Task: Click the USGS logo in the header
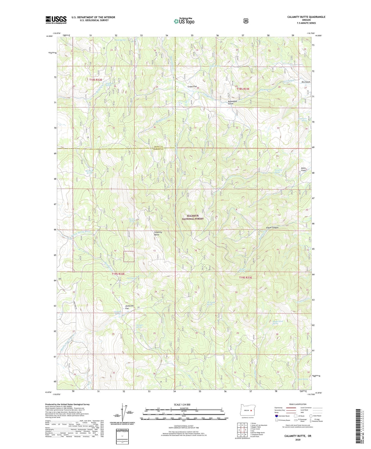(x=56, y=20)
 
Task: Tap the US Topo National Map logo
(x=184, y=21)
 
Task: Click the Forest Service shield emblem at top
(x=246, y=21)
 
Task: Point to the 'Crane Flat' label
(x=192, y=87)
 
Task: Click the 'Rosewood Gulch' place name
(x=232, y=102)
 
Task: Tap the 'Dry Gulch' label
(x=306, y=82)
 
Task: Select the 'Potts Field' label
(x=303, y=169)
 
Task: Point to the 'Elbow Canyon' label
(x=272, y=228)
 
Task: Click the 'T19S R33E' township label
(x=245, y=277)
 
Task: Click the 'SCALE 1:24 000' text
(x=182, y=405)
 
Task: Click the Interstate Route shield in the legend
(x=276, y=416)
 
